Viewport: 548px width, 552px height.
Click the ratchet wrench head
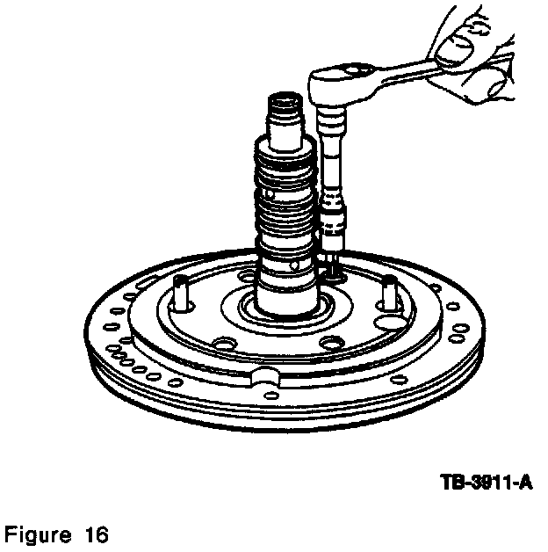pos(343,84)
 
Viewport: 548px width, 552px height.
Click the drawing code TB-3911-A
pos(487,483)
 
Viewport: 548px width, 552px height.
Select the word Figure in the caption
pos(38,535)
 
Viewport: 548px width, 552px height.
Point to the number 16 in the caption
pos(96,534)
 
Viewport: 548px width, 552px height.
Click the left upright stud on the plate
pos(180,293)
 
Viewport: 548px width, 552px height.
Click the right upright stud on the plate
pos(389,292)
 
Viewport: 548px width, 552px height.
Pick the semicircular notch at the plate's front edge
pos(265,376)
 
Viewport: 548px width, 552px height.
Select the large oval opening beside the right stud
pos(389,322)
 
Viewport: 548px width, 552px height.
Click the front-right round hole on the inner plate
pos(331,342)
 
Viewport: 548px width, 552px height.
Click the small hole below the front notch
pos(271,395)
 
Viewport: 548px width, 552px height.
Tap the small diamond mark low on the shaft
pos(295,266)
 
